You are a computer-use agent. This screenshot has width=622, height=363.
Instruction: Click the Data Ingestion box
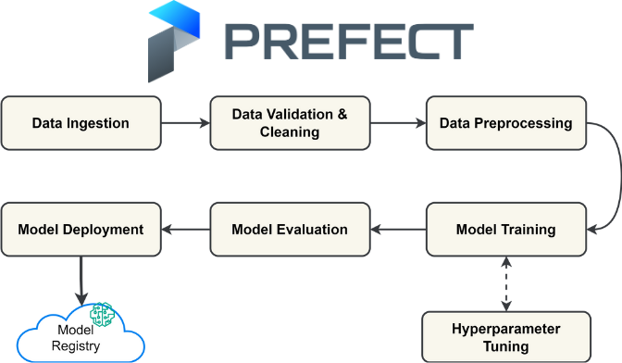[x=81, y=122]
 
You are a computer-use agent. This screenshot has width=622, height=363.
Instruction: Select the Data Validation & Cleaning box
[x=290, y=122]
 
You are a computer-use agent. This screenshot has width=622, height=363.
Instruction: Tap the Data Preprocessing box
[x=505, y=122]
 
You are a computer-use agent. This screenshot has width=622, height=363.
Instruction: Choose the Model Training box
[x=505, y=229]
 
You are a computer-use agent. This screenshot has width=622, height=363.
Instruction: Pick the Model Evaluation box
[x=290, y=229]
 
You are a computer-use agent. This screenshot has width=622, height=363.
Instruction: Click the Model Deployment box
[x=81, y=229]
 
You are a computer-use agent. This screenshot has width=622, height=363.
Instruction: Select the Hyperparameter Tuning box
[x=505, y=337]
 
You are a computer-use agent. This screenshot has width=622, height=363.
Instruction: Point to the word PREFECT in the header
[x=350, y=42]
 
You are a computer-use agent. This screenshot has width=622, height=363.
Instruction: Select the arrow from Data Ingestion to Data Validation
[x=185, y=122]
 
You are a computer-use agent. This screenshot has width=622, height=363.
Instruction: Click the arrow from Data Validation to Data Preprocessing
[x=397, y=122]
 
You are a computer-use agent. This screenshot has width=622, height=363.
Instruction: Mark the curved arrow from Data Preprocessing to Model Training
[x=611, y=176]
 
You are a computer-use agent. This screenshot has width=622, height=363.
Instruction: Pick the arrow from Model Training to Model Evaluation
[x=398, y=229]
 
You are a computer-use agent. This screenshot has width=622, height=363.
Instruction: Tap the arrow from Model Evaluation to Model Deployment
[x=185, y=229]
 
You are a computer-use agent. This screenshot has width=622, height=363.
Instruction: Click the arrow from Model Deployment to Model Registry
[x=81, y=280]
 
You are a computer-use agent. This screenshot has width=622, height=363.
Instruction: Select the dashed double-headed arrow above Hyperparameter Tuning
[x=505, y=283]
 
